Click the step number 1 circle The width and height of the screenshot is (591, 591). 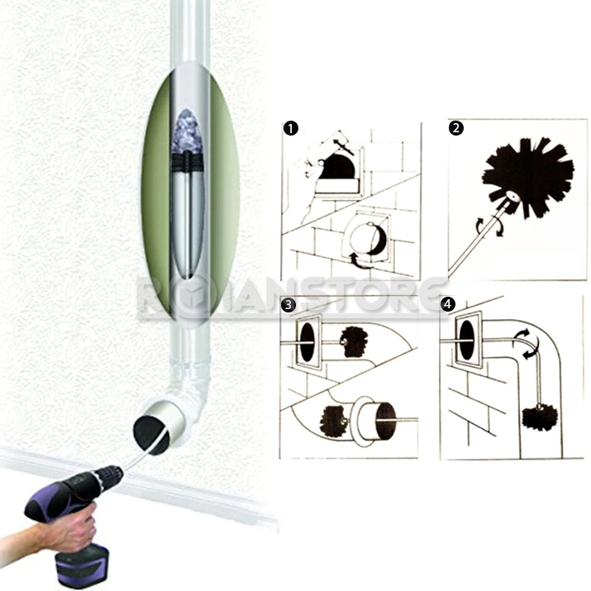pos(291,128)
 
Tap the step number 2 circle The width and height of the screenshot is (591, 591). pos(456,128)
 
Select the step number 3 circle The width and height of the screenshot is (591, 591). pos(288,304)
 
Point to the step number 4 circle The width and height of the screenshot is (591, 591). pos(447,304)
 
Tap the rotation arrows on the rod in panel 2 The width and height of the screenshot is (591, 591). pos(489,227)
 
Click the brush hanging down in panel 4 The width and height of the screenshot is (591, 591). pos(540,417)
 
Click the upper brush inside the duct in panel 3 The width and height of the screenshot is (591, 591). pos(355,341)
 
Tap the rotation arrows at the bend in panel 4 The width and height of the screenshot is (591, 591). pos(526,343)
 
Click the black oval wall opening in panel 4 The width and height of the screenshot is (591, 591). pos(467,340)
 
